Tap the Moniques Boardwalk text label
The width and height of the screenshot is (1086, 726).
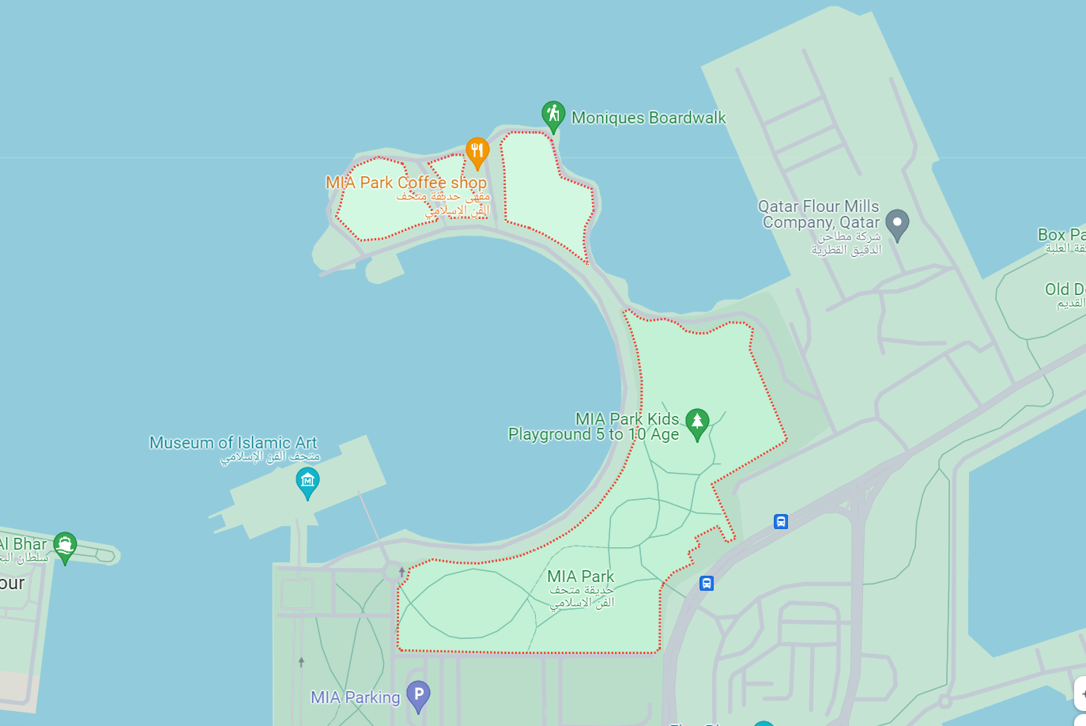[648, 118]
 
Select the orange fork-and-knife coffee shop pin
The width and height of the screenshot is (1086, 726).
[477, 151]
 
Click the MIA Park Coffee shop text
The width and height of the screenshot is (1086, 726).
[406, 183]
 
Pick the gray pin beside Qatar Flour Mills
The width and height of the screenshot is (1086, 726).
[897, 224]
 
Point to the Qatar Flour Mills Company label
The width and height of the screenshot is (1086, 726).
[819, 214]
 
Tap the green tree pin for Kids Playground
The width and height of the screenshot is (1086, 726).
[697, 422]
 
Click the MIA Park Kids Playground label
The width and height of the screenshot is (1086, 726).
[594, 426]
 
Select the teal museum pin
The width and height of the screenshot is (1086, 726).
[307, 482]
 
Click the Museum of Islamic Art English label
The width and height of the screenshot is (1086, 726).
[233, 443]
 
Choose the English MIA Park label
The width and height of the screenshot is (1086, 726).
[580, 577]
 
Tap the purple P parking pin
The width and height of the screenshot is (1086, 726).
[418, 695]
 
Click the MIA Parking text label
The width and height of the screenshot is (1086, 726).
[356, 698]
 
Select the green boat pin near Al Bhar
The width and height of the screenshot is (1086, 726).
[65, 545]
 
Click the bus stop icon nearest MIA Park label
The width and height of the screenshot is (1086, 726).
[707, 584]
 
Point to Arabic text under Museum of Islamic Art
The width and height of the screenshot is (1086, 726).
[270, 457]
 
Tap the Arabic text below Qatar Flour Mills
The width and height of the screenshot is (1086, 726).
[846, 244]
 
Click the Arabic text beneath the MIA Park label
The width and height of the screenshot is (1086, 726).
[583, 597]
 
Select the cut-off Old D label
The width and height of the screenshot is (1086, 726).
[1065, 289]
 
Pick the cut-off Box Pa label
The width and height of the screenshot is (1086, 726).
[1061, 235]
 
